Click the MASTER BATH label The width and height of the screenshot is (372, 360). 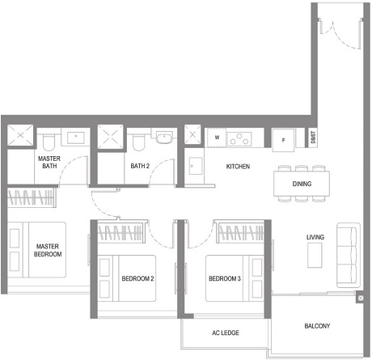pos(48,162)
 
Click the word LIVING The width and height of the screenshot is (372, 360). pos(315,237)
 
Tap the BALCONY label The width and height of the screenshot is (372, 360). pos(316,327)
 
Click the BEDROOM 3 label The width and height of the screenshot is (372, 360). pos(226,278)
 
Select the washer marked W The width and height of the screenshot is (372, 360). pos(217,138)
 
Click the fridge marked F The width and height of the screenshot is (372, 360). pos(283,138)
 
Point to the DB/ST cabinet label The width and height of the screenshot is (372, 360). pos(313,138)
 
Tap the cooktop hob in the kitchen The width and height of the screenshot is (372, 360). pos(240,138)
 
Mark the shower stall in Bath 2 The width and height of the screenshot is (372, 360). pos(109,138)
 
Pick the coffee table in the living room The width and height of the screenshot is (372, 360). pos(315,255)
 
